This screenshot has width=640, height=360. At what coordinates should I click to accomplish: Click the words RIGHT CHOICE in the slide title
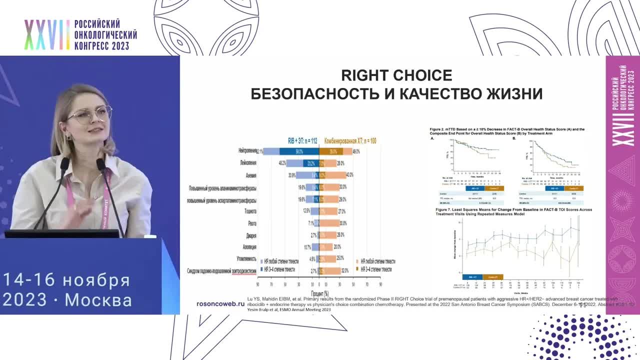[396, 75]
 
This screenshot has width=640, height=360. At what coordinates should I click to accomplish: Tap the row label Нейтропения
[247, 150]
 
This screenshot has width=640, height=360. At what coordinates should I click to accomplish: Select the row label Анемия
[251, 175]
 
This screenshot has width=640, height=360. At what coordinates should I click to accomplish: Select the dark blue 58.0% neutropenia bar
[299, 151]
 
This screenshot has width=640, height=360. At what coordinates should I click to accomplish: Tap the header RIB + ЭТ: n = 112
[303, 141]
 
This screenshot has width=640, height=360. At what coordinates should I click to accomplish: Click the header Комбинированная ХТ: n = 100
[350, 141]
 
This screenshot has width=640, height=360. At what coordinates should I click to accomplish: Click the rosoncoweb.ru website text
[220, 303]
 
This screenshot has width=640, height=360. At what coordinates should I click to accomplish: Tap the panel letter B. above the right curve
[514, 138]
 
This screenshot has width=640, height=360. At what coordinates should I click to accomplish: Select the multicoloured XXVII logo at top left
[47, 35]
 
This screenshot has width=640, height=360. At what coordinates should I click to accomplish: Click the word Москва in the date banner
[98, 300]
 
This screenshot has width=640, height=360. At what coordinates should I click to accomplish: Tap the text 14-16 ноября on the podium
[66, 279]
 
